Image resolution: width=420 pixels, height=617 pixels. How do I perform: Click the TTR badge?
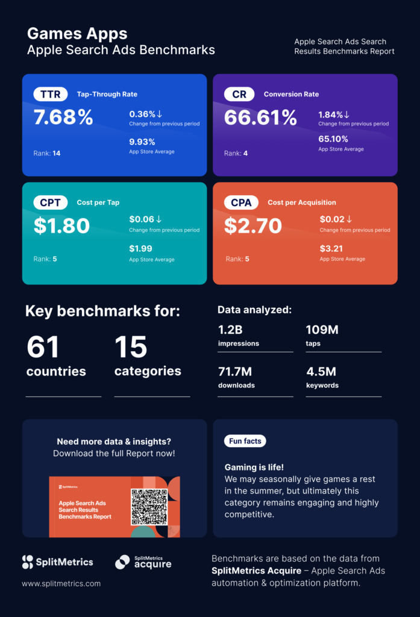click(x=50, y=94)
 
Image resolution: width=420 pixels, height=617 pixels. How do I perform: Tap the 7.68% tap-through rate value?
click(x=63, y=117)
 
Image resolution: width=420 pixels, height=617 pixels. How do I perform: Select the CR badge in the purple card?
click(x=239, y=94)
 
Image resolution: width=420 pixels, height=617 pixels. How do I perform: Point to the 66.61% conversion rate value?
click(x=260, y=117)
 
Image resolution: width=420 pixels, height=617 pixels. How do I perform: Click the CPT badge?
click(x=50, y=202)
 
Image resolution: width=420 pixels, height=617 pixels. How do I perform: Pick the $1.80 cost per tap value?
click(x=61, y=226)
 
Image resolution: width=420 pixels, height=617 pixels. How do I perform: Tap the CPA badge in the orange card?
click(x=241, y=202)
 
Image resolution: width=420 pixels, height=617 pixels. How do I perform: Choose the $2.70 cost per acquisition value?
click(x=253, y=226)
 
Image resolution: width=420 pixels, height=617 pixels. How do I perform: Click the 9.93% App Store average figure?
click(x=142, y=142)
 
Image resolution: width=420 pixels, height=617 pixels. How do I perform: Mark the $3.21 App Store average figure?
click(x=331, y=248)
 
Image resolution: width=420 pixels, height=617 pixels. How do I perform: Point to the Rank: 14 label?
click(x=47, y=153)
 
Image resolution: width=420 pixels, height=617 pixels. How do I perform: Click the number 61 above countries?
click(x=43, y=347)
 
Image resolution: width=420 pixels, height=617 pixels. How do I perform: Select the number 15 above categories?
click(x=131, y=347)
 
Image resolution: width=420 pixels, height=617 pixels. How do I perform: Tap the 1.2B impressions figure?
click(x=230, y=330)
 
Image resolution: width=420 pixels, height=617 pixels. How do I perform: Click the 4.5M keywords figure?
click(x=321, y=371)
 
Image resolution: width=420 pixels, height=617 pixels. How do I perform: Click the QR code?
click(x=149, y=507)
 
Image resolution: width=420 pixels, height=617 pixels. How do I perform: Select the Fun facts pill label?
click(x=245, y=441)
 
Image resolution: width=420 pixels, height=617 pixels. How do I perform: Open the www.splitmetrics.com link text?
click(x=61, y=583)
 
